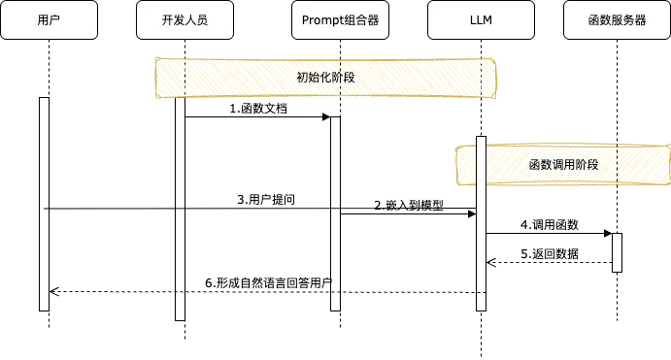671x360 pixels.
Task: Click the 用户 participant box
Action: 49,19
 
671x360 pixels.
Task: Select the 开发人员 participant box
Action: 185,19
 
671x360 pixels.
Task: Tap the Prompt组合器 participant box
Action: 340,19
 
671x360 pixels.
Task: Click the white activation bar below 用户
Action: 44,204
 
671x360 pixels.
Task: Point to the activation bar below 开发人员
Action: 180,209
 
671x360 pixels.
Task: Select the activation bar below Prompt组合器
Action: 335,213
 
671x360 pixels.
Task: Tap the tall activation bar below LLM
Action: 481,223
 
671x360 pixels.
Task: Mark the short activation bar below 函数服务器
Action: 617,252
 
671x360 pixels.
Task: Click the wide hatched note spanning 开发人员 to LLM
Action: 325,78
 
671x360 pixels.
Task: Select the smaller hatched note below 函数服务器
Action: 563,165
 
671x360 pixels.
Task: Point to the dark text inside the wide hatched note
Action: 325,78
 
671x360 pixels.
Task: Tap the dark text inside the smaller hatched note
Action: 563,165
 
